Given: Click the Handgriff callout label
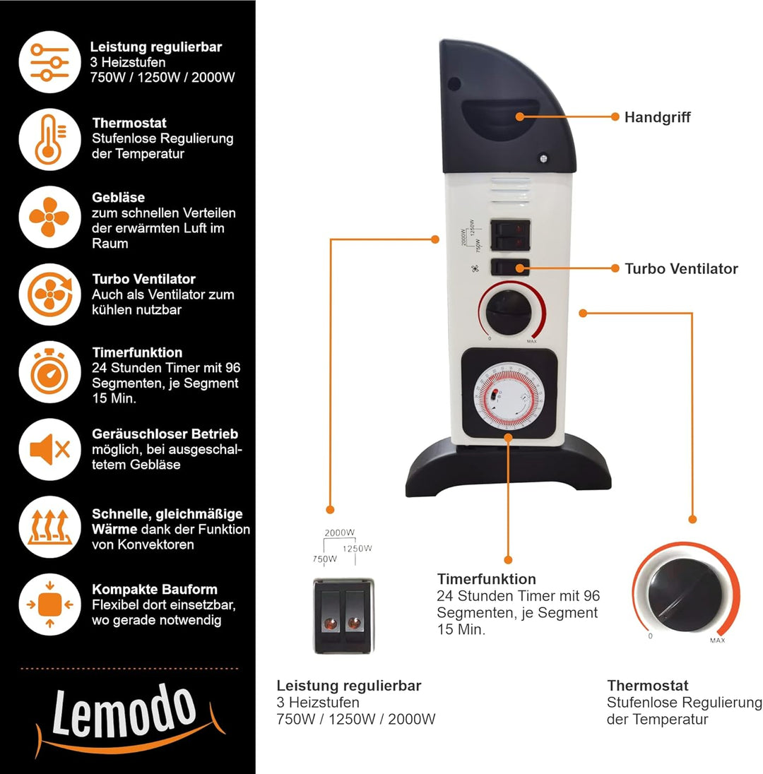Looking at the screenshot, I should (657, 117).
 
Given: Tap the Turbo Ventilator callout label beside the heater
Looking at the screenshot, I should (681, 268).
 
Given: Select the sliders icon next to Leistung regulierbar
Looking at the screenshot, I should (49, 64).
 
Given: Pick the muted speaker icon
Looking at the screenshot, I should (49, 449).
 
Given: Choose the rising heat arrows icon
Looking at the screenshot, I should (49, 526).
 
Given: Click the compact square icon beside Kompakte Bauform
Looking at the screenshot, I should (49, 604).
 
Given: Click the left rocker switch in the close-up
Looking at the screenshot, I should (329, 614).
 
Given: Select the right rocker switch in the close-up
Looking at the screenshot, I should (353, 614).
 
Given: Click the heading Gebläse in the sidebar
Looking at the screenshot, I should (118, 197).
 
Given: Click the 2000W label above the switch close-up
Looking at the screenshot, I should (339, 533).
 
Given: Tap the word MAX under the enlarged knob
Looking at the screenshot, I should (717, 641).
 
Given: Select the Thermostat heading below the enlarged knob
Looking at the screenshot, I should (647, 685).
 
